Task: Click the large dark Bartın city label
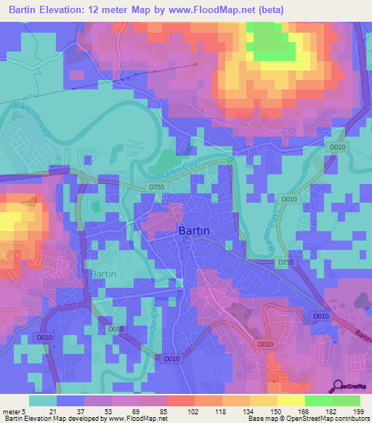pos(194,231)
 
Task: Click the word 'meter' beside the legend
pos(12,411)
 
